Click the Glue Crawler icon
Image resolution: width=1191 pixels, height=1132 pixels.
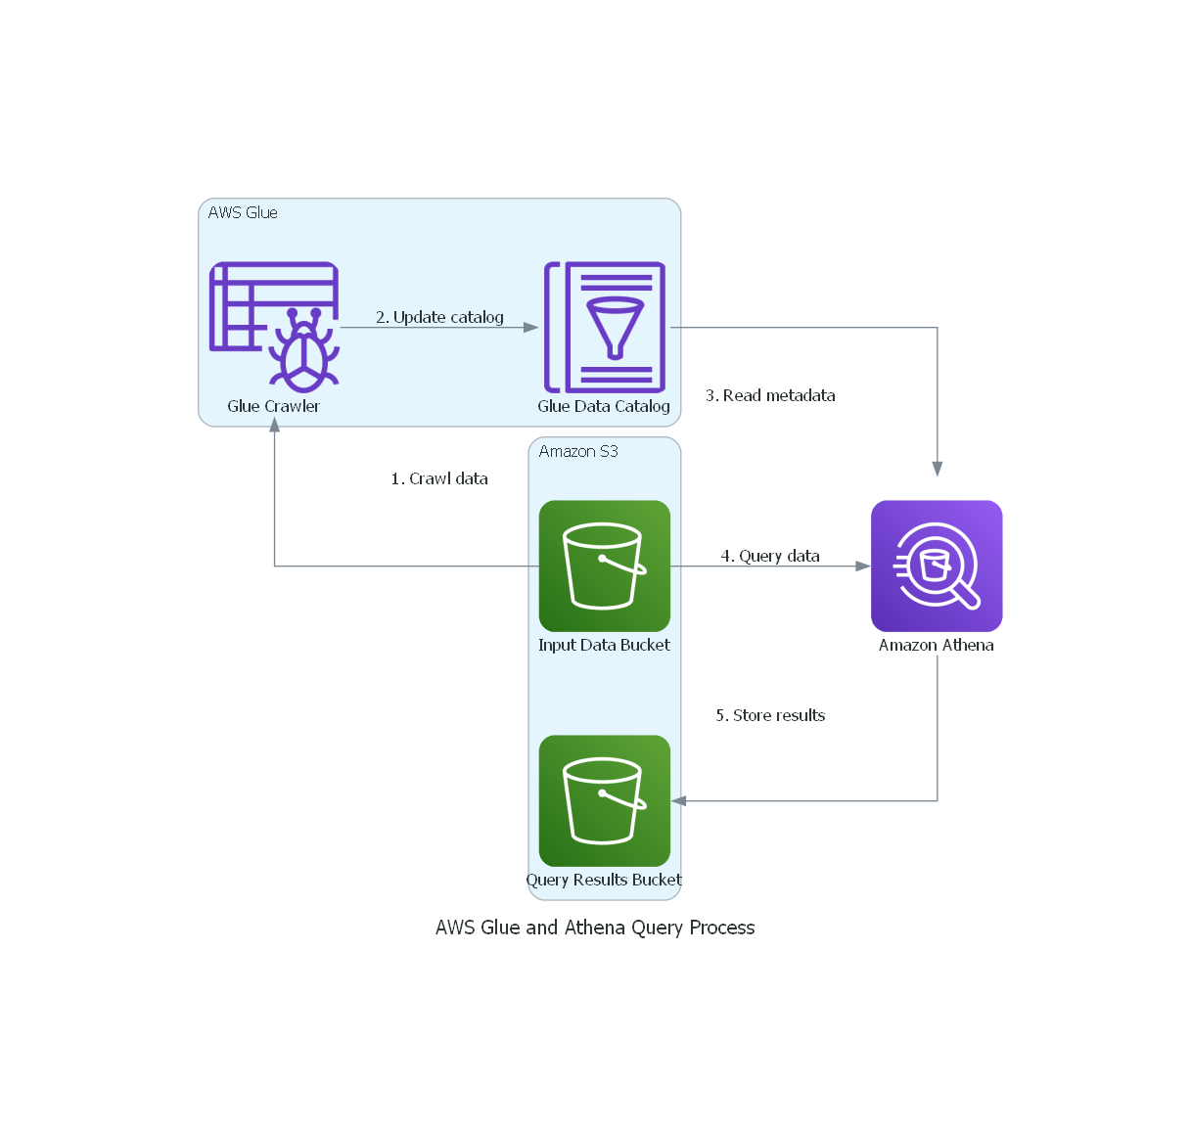[274, 327]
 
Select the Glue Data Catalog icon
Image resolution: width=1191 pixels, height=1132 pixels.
[604, 327]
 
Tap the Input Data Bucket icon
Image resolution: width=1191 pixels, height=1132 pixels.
[604, 566]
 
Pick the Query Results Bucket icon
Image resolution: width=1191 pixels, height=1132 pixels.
[604, 800]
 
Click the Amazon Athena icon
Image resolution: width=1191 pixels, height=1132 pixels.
[937, 566]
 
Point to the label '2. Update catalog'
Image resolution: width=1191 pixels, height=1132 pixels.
[439, 317]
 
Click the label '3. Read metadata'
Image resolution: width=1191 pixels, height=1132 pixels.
[770, 395]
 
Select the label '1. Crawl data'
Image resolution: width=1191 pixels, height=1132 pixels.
[439, 478]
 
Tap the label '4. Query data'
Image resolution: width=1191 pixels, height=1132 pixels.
[770, 556]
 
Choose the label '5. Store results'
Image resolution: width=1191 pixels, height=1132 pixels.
[770, 715]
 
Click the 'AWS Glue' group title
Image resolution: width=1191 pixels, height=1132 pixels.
[243, 212]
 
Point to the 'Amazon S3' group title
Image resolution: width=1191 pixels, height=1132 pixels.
[578, 451]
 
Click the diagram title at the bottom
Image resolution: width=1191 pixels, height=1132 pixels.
[595, 928]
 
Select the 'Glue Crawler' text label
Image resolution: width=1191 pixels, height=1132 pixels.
[274, 406]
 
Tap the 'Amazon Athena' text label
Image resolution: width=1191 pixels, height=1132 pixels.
[937, 645]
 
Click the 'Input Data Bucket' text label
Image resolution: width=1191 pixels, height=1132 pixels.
[604, 645]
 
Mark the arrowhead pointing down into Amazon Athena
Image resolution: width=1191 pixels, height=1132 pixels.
[938, 470]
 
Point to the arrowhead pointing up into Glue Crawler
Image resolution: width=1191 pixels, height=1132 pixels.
[275, 426]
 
